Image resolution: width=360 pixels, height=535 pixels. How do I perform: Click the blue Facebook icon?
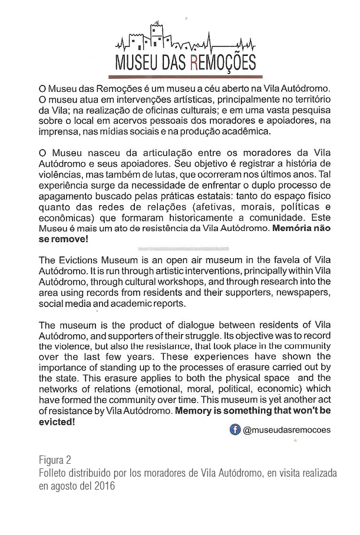click(x=235, y=430)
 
